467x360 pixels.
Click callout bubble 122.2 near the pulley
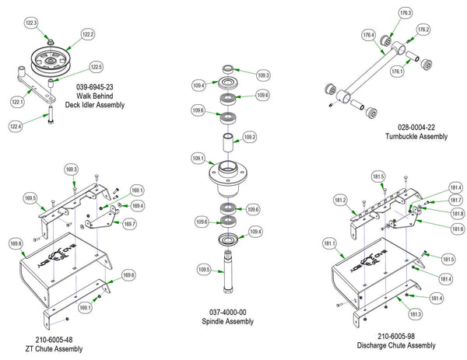click(87, 34)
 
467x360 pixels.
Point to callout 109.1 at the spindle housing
click(198, 158)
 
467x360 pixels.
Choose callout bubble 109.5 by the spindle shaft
click(205, 270)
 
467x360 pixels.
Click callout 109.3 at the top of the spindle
click(263, 75)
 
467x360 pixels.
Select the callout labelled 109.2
click(250, 137)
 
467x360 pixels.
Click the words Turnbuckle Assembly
click(416, 136)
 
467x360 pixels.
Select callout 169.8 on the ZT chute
click(16, 244)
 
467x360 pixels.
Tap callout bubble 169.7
click(129, 224)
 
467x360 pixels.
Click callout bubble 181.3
click(415, 313)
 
